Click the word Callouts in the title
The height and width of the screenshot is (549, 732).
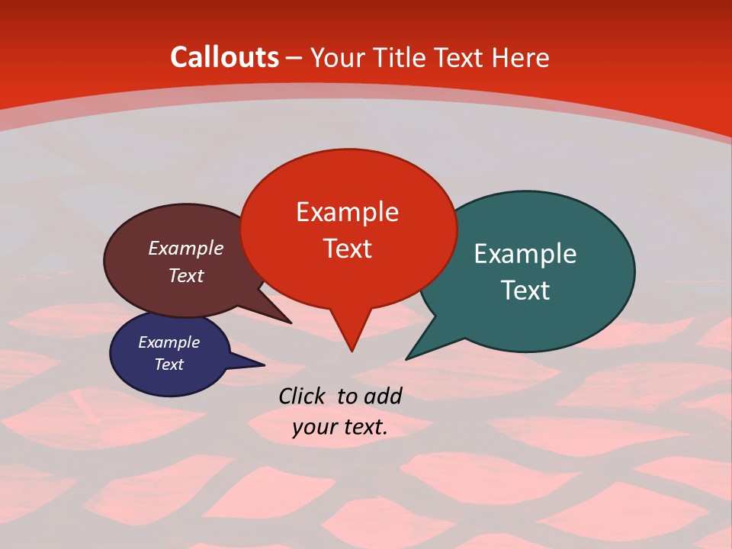coord(224,57)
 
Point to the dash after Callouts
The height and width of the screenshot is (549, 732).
coord(294,58)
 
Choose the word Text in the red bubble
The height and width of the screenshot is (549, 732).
coord(347,248)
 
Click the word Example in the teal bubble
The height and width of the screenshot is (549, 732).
coord(525,253)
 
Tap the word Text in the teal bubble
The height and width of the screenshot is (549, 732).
coord(525,290)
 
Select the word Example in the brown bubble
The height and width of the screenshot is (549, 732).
coord(185,248)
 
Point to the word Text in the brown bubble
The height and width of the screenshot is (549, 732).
coord(185,275)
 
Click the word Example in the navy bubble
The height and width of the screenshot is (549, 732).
coord(169,342)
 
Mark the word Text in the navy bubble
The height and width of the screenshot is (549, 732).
coord(169,364)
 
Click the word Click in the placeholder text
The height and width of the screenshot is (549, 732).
coord(303,396)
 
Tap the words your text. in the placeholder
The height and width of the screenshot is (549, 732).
coord(340,428)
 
